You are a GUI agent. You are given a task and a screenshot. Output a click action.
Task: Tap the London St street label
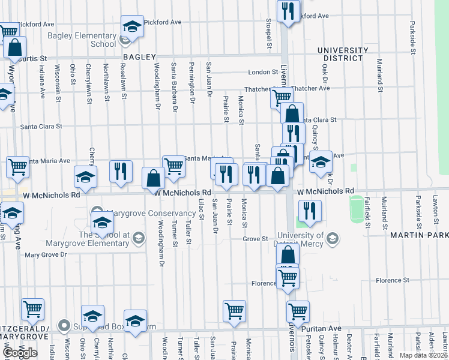point(263,73)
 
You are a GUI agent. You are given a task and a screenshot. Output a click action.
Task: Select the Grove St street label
point(255,239)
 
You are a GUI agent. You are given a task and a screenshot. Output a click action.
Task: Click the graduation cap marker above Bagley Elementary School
point(131,27)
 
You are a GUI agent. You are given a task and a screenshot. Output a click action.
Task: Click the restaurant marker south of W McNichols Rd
point(310,210)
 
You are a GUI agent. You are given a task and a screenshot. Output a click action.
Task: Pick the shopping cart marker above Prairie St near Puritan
point(234,311)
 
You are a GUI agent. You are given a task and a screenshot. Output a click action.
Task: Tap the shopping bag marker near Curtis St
point(14,47)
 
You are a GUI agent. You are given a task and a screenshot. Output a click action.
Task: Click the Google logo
point(20,353)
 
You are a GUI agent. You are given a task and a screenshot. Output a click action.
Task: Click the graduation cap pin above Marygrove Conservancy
point(85,177)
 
